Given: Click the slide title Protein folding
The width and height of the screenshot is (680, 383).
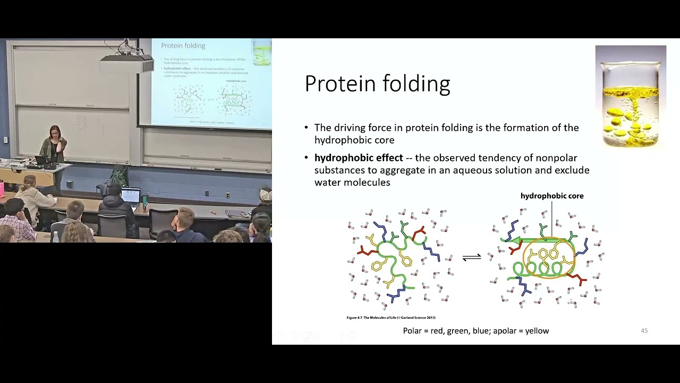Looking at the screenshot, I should coord(377,84).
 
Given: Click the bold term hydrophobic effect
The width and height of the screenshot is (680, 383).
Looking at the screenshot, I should coord(359,158).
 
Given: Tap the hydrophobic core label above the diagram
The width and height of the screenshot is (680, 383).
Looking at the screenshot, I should coord(552,196).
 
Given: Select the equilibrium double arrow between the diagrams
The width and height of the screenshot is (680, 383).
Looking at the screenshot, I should coord(471,257).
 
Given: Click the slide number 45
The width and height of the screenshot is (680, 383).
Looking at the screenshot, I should coord(644,331).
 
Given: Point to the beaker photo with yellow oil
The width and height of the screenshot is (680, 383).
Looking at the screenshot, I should coord(631,96).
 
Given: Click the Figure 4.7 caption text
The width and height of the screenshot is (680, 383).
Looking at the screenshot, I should coord(390,318).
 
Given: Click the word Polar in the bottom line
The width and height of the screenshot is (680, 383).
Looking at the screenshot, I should coord(412,331).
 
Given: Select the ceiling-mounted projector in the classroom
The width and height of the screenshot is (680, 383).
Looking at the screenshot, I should coord(126,63).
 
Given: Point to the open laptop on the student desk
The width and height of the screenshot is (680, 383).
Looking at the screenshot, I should coord(130,195).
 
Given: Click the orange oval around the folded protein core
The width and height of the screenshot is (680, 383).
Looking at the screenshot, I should coord(549,258).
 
